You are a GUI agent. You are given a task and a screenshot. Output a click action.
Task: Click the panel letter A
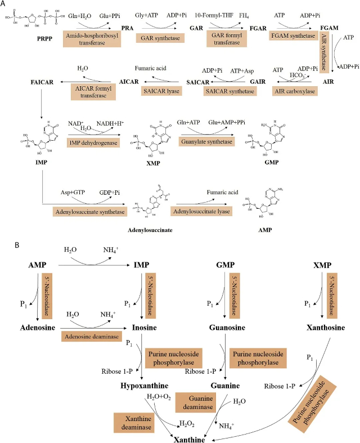pos(4,5)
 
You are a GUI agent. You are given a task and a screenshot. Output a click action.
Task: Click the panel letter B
pos(4,247)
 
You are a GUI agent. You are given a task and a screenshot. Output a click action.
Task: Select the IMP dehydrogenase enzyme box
pos(93,142)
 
